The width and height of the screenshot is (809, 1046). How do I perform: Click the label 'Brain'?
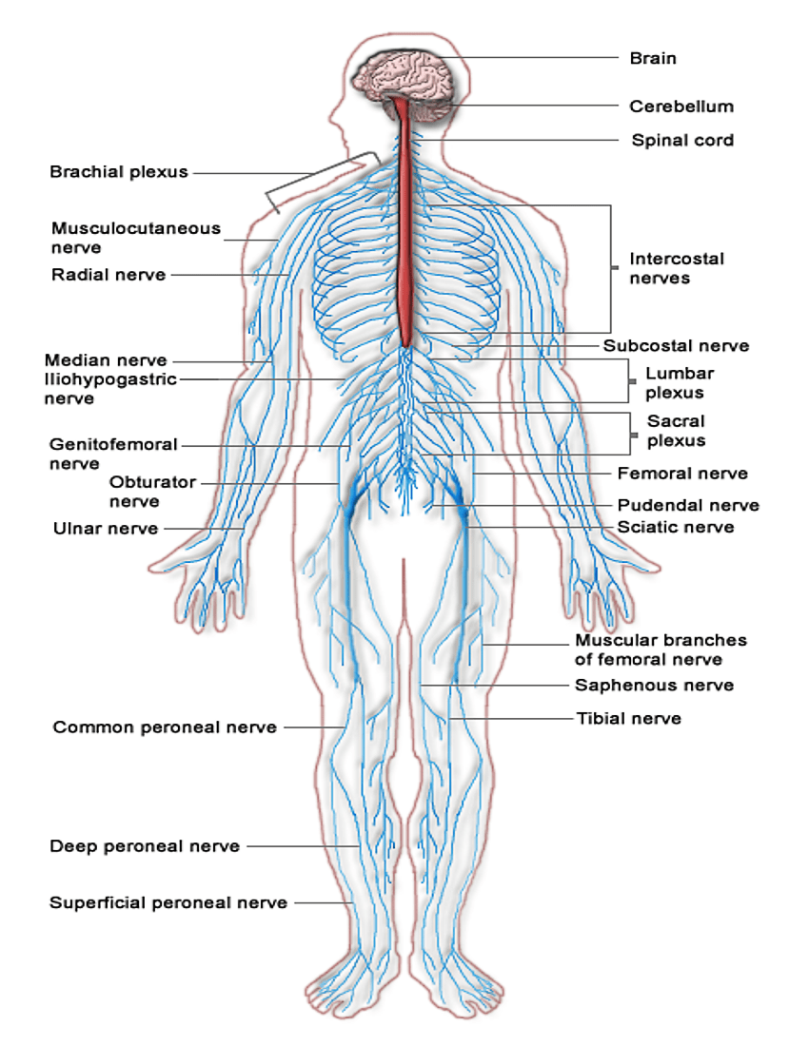click(x=653, y=58)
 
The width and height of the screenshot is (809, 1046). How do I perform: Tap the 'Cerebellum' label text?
click(x=681, y=107)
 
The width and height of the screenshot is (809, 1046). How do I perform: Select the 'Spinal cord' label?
click(x=682, y=141)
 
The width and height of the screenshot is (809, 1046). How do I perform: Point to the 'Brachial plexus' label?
click(x=119, y=172)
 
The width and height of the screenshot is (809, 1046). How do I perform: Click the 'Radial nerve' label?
click(x=109, y=275)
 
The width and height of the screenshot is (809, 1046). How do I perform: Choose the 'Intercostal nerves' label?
click(x=677, y=268)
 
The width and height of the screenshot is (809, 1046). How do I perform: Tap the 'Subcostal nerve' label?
click(x=676, y=346)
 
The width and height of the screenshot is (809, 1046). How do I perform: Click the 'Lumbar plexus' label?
click(x=679, y=382)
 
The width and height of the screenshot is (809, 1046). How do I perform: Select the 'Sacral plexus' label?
click(x=676, y=430)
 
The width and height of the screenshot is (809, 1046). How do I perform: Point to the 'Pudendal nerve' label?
click(x=688, y=505)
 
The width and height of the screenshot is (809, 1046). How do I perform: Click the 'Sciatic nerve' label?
click(x=676, y=527)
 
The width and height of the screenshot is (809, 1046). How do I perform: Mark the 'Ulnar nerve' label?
click(x=106, y=529)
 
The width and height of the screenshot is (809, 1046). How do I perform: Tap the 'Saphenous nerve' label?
click(x=654, y=685)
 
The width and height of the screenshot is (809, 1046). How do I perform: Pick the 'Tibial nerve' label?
click(x=629, y=718)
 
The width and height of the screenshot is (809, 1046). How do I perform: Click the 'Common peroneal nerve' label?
click(x=165, y=727)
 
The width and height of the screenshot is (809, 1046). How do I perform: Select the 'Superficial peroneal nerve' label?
click(x=168, y=902)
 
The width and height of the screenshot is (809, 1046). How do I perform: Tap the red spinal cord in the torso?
click(x=406, y=238)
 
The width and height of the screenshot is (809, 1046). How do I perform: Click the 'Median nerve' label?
click(x=106, y=360)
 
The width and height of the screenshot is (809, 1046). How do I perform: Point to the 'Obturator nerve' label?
click(x=152, y=491)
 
